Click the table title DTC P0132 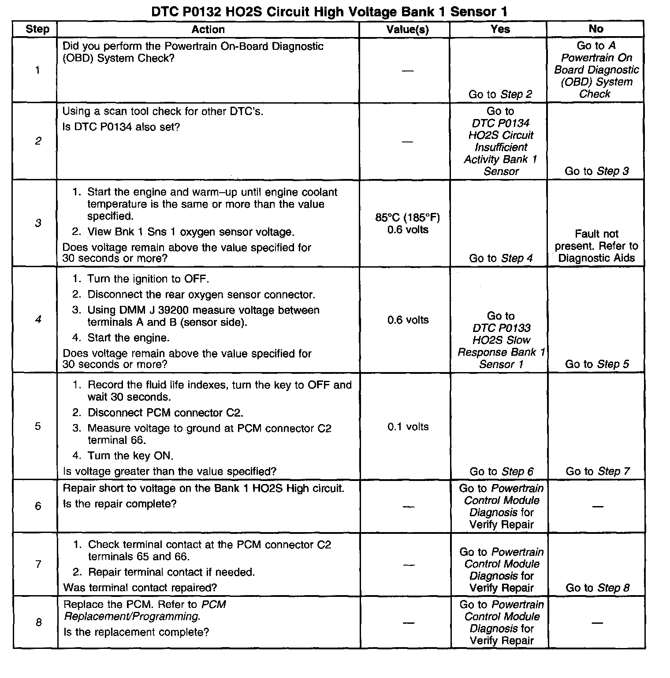(329, 11)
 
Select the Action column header (208, 30)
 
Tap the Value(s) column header (407, 30)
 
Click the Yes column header (500, 29)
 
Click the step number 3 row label (38, 223)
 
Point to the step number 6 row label (38, 506)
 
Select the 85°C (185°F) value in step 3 (407, 217)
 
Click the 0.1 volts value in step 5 (408, 427)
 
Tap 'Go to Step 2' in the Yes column (500, 94)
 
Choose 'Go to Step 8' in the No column (597, 588)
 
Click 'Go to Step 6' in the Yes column (501, 471)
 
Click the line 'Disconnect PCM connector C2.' (165, 413)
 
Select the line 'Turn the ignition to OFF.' (148, 279)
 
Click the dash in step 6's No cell (597, 507)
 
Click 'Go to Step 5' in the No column (597, 364)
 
